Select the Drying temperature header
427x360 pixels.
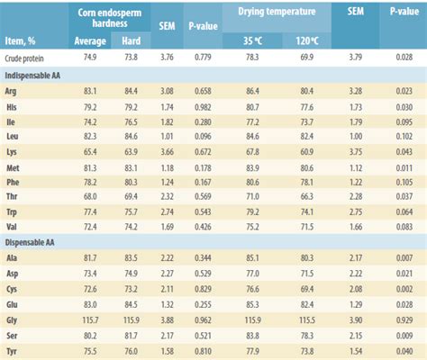coord(275,13)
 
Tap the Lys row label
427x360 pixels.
coord(13,150)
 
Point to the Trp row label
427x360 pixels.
coord(13,210)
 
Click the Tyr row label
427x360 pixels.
coord(13,351)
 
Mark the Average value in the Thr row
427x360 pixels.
coord(89,194)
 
